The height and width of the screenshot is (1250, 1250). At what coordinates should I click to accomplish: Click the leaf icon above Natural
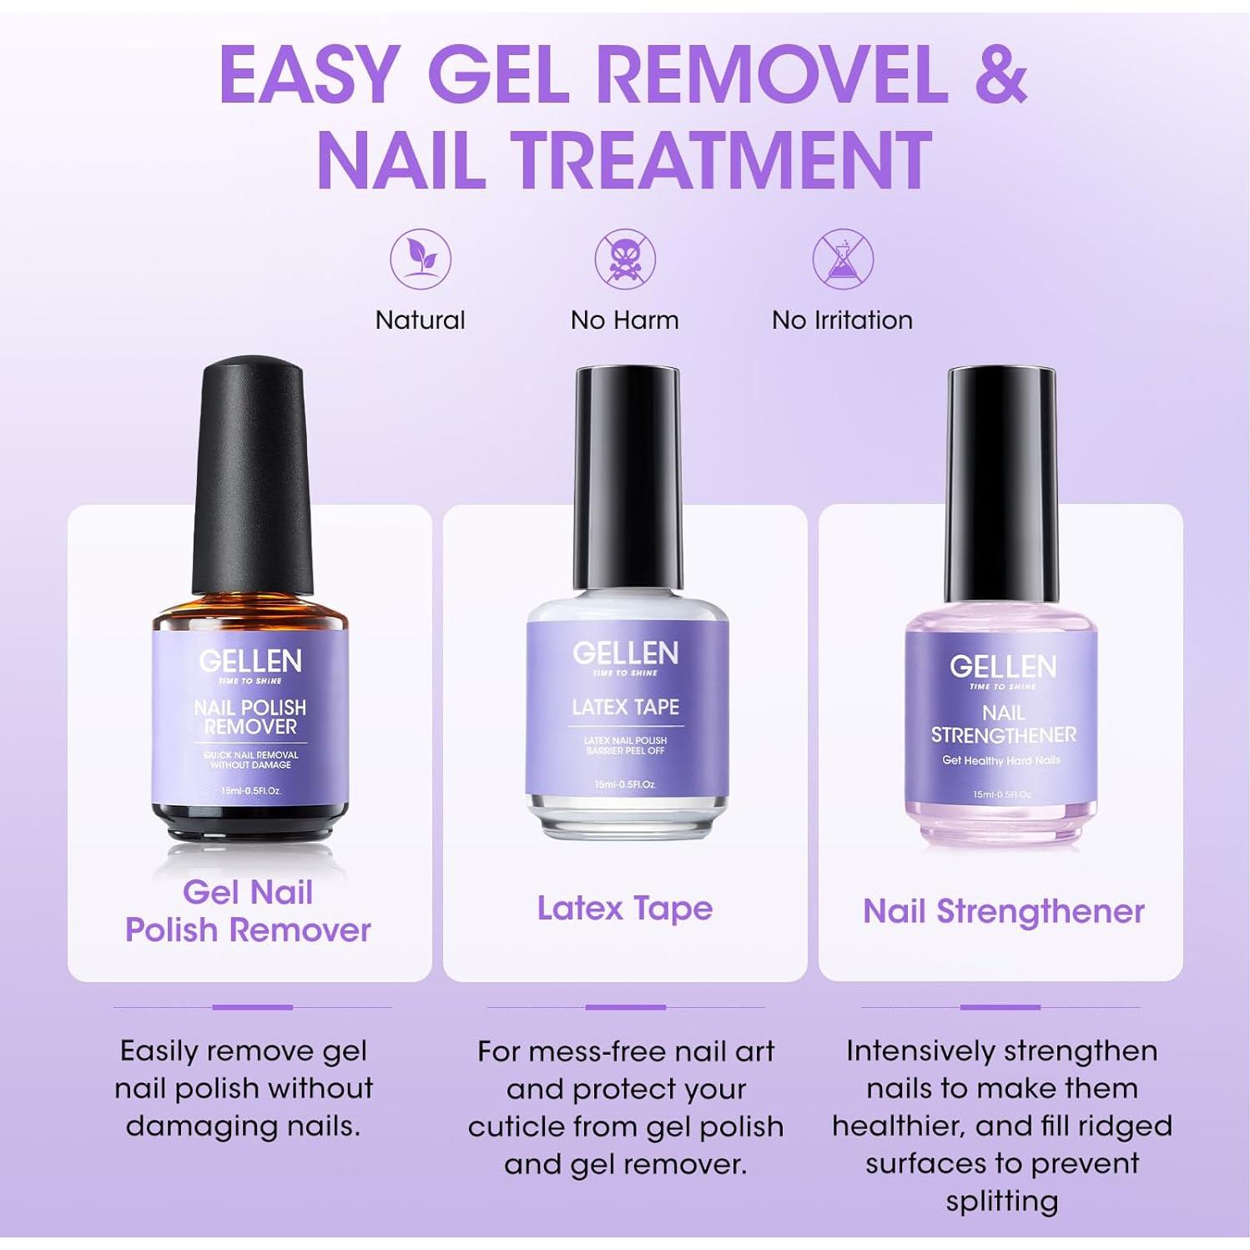pos(421,259)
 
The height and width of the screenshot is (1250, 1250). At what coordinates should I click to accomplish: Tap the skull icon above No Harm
pos(625,259)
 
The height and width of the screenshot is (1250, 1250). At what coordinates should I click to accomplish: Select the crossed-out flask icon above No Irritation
pos(843,259)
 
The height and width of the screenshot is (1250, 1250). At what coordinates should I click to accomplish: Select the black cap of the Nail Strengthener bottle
pos(1002,484)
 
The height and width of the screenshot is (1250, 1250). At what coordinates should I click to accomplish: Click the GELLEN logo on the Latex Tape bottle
pos(625,653)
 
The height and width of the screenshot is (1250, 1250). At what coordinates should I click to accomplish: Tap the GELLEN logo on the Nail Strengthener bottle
pos(1002,666)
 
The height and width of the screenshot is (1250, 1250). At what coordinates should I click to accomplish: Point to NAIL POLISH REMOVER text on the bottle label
pos(250,717)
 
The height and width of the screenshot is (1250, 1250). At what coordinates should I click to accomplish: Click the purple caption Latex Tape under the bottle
pos(625,908)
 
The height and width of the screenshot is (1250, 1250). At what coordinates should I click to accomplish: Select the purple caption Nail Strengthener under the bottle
pos(1003,911)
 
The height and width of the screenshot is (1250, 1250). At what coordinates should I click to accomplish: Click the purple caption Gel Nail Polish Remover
pos(248,911)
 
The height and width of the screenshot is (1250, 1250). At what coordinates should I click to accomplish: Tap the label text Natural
pos(421,320)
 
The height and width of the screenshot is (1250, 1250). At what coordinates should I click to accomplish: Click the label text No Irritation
pos(842,320)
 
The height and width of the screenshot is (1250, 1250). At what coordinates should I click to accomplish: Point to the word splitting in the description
pos(1001,1201)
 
